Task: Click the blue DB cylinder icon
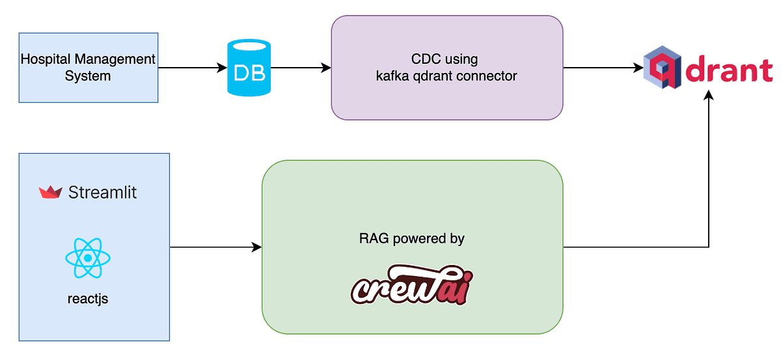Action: point(249,68)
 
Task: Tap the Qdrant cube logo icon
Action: point(662,67)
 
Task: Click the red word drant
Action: point(729,69)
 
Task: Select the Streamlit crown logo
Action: point(51,192)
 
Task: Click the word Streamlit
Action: point(103,192)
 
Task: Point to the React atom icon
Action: point(88,258)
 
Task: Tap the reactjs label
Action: point(88,299)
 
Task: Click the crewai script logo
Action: point(412,284)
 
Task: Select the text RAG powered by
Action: point(412,239)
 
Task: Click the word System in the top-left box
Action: point(88,76)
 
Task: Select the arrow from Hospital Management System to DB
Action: point(193,68)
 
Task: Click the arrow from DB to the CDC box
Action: point(301,68)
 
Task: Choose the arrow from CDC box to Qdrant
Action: point(603,68)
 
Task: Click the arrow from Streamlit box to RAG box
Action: point(216,247)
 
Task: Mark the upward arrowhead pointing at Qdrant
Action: point(709,95)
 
